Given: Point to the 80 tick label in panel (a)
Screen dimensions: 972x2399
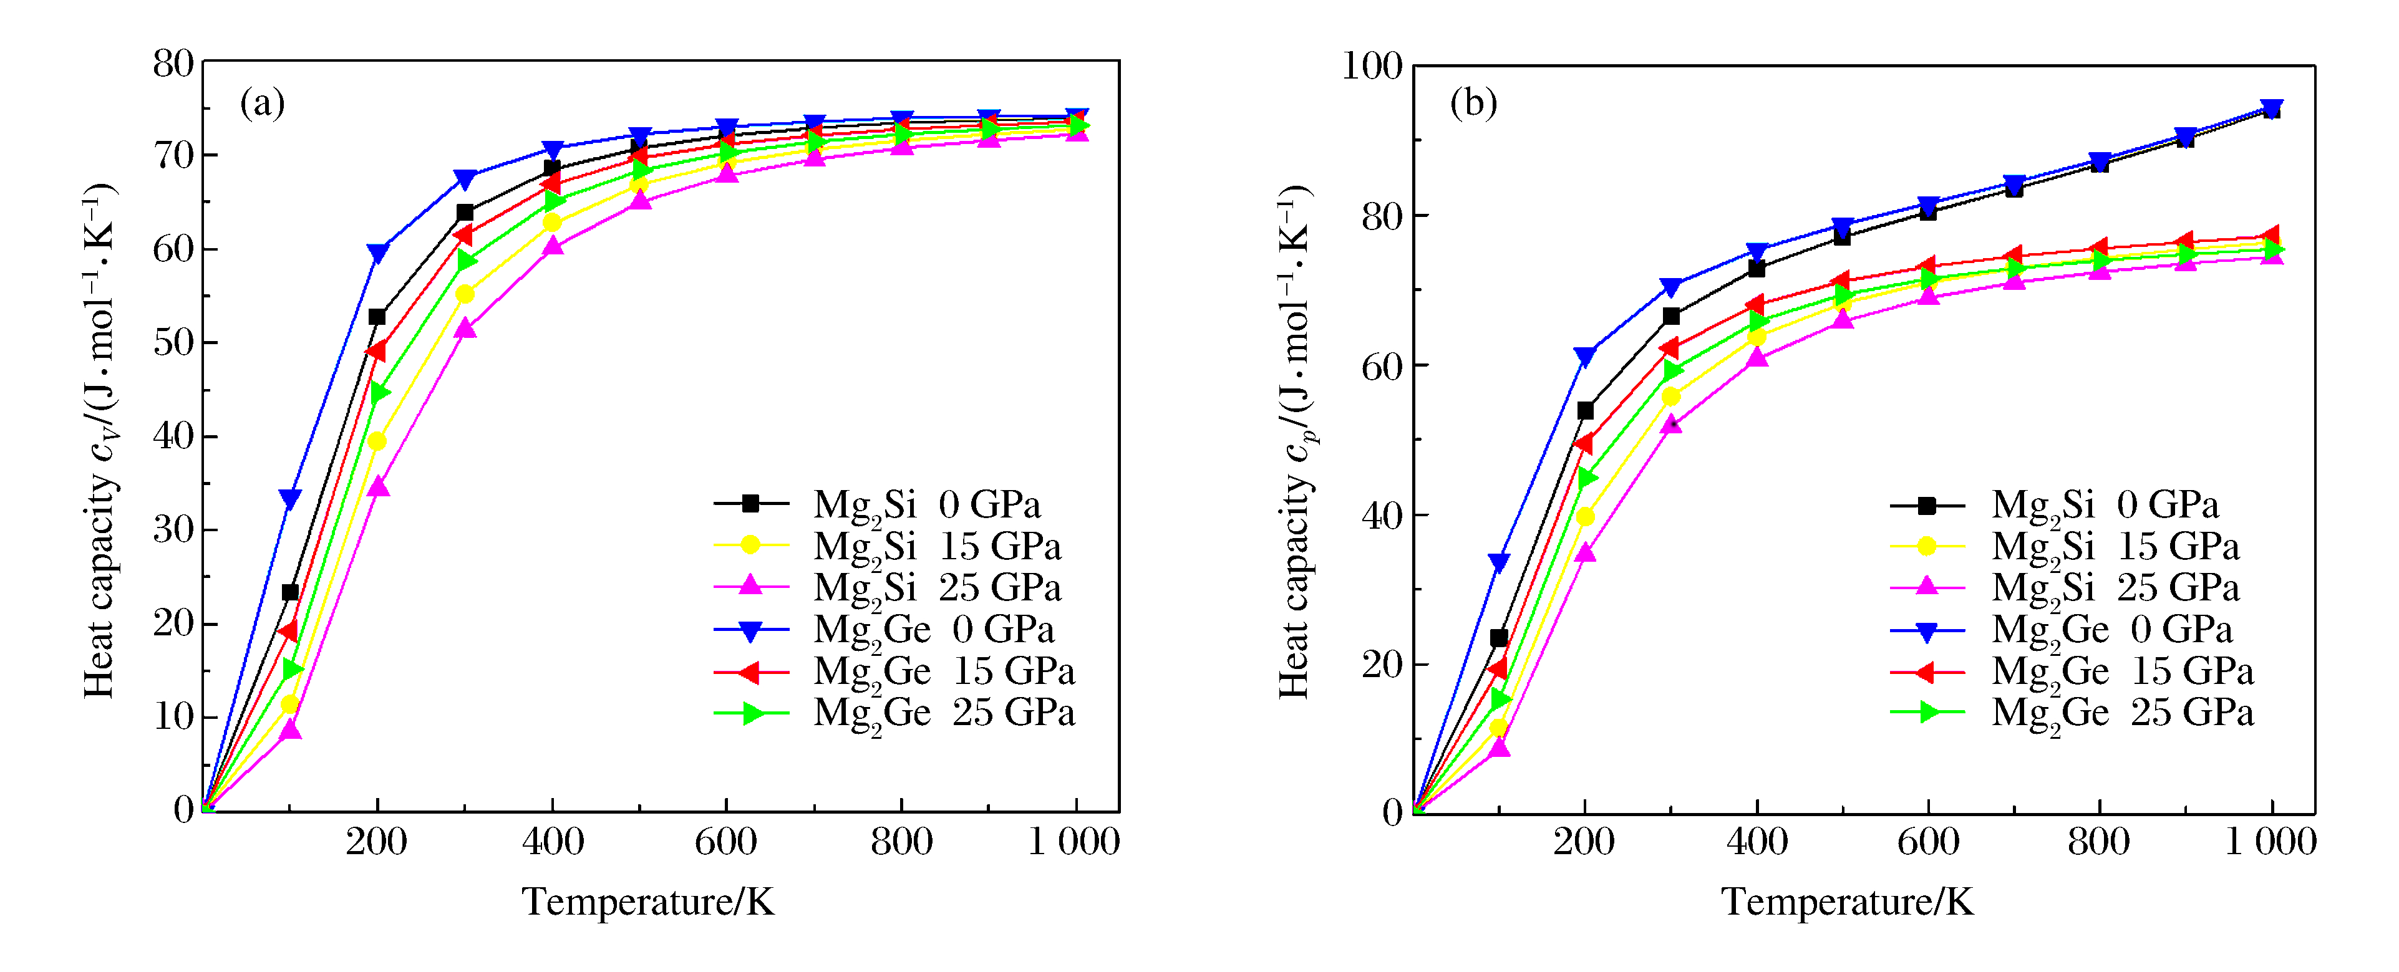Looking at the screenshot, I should pyautogui.click(x=173, y=64).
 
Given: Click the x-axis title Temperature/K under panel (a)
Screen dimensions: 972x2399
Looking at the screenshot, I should pyautogui.click(x=647, y=902).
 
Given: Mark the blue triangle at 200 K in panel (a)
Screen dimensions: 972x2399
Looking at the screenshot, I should pyautogui.click(x=377, y=253).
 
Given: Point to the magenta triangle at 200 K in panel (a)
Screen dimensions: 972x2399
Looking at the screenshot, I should pyautogui.click(x=377, y=487).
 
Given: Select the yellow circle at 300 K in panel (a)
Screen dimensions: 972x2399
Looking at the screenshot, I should pyautogui.click(x=465, y=294).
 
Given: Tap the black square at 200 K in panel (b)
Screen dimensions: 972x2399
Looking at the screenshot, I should pyautogui.click(x=1585, y=411).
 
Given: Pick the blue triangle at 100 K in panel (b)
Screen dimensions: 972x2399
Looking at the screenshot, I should pyautogui.click(x=1498, y=562).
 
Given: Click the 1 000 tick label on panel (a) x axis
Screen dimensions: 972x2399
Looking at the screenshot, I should pyautogui.click(x=1073, y=842).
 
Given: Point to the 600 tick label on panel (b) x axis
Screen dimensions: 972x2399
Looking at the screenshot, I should pyautogui.click(x=1928, y=842).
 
